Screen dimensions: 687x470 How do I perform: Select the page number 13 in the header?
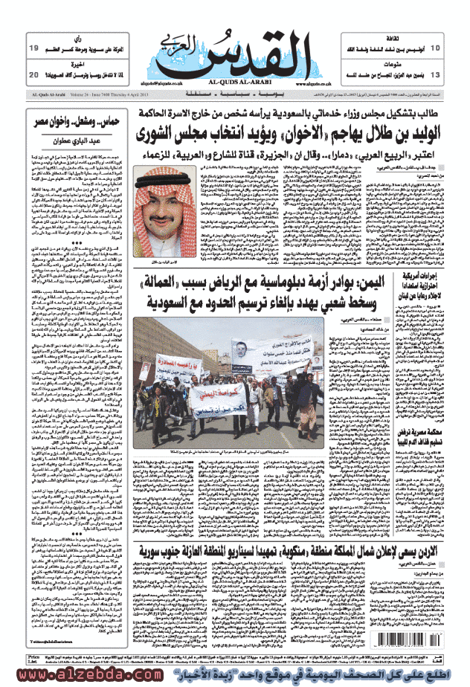(435, 75)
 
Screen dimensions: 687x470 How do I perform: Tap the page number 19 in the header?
(33, 48)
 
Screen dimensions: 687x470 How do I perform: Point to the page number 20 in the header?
(33, 75)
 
